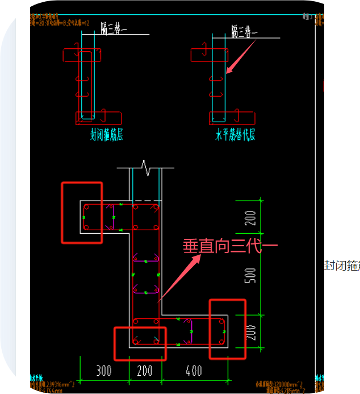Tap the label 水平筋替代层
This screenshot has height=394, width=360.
point(235,135)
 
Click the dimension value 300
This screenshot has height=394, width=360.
point(103,371)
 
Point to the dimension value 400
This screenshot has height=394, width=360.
point(194,371)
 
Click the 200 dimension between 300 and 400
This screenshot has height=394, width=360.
point(145,371)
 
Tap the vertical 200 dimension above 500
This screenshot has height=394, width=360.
point(252,218)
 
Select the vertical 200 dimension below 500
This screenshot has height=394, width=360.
point(252,331)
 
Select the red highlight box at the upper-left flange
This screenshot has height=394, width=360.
point(82,212)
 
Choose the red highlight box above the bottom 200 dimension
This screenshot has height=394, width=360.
point(140,343)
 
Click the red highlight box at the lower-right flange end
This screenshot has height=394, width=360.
point(227,329)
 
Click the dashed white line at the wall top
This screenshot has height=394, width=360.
point(145,201)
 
